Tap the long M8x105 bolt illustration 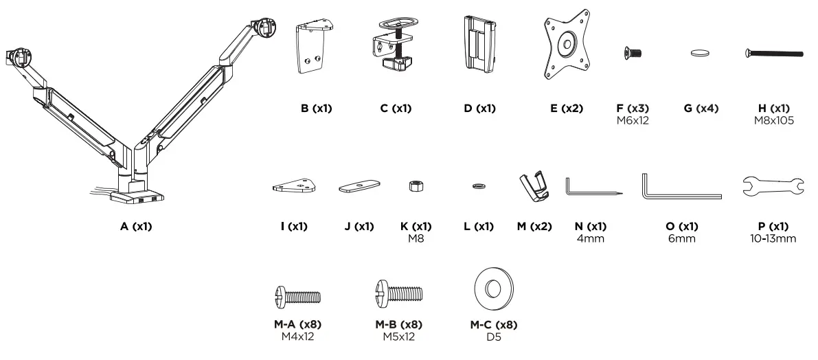[x=773, y=52]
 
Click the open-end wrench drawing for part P [x=773, y=185]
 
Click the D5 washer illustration [x=493, y=286]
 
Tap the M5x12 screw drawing [x=398, y=295]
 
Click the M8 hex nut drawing [x=415, y=185]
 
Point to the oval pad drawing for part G [x=700, y=52]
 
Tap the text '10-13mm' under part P [x=773, y=238]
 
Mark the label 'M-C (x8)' [x=493, y=325]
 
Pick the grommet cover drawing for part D [x=479, y=43]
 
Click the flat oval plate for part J [x=360, y=187]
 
